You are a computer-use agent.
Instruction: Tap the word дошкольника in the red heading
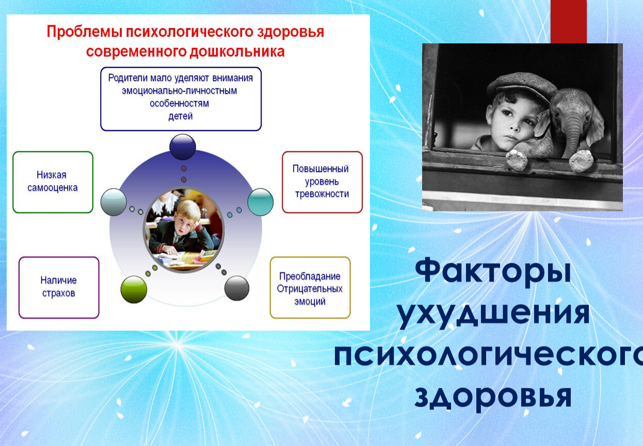[x=237, y=52]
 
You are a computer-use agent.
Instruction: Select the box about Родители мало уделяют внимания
[x=181, y=99]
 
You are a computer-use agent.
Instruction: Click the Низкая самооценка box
[x=53, y=182]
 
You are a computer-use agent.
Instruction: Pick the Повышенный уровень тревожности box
[x=322, y=182]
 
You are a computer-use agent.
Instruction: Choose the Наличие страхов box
[x=59, y=288]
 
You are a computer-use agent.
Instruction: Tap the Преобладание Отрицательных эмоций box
[x=310, y=288]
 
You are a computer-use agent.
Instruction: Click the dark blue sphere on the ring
[x=183, y=147]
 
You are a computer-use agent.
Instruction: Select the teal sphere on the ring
[x=260, y=202]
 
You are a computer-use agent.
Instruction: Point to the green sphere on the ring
[x=134, y=290]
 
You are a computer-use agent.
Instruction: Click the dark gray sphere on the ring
[x=236, y=288]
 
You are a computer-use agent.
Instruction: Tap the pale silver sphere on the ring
[x=114, y=202]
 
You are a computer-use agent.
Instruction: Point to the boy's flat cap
[x=522, y=86]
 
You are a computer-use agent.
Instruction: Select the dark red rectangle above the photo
[x=569, y=22]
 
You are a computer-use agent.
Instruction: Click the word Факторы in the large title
[x=493, y=272]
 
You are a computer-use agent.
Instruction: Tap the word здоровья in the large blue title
[x=493, y=396]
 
